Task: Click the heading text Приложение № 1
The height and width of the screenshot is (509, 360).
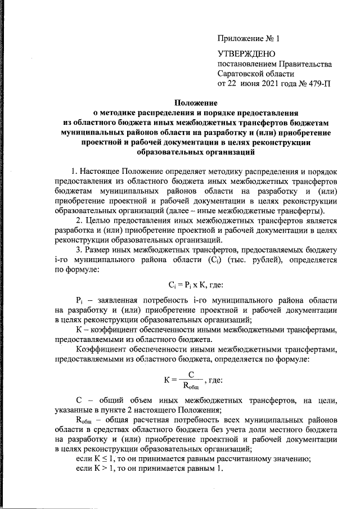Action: (248, 39)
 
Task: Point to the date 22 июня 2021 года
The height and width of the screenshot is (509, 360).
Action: (263, 83)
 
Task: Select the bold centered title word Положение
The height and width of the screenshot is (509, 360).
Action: (195, 102)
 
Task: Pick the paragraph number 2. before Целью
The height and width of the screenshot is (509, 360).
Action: (80, 219)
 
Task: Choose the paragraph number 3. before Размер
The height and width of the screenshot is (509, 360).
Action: (80, 248)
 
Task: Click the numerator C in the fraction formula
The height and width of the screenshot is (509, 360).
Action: (191, 373)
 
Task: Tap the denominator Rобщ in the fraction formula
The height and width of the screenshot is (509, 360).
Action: (191, 386)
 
